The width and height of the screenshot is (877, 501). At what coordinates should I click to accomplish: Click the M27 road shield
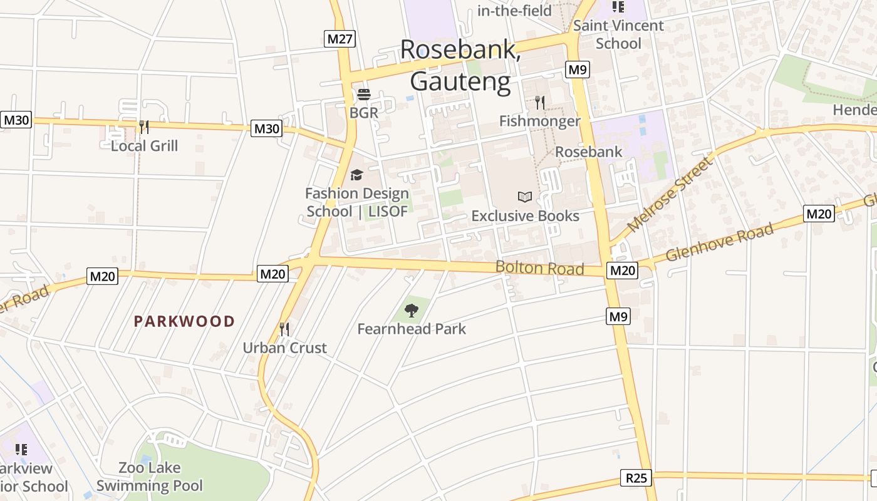point(340,39)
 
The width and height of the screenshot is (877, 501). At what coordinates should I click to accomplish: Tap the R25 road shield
point(636,478)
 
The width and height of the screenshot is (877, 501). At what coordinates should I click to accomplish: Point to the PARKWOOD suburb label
point(184,322)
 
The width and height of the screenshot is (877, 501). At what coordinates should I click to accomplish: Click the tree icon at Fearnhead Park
point(412,310)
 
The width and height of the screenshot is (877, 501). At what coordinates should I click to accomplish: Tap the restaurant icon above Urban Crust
point(284,329)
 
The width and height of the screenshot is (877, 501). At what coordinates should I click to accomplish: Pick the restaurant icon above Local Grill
point(144,127)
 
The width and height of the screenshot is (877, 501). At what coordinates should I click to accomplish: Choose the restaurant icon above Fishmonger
point(540,103)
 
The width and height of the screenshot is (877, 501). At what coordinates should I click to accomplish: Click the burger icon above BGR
point(364,95)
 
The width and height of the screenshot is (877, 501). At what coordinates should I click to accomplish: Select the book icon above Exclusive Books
point(525,197)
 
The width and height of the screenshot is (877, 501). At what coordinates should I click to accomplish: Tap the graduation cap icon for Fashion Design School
point(356,175)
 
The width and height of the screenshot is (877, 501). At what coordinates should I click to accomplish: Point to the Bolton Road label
point(539,268)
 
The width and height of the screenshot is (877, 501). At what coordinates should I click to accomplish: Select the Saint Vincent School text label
point(618,34)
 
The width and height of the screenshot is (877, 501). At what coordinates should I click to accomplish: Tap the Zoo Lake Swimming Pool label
point(150,477)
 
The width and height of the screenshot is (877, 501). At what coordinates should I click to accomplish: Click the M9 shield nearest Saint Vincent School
point(577,70)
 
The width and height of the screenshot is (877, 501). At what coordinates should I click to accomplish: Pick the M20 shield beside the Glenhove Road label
point(819,214)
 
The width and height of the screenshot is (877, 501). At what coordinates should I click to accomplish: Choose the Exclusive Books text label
point(525,216)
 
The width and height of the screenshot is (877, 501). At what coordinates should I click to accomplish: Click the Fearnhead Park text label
point(412,329)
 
